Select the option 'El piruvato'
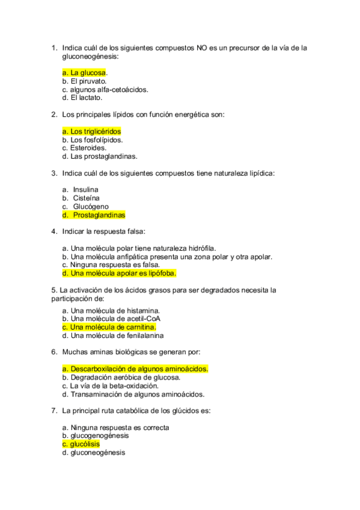coord(85,81)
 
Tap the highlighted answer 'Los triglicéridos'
coord(92,131)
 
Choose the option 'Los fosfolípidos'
coord(93,140)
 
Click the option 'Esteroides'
coord(85,148)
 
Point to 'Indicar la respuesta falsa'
coord(103,231)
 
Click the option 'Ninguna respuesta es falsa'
coord(111,264)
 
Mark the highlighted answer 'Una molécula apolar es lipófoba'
coord(119,273)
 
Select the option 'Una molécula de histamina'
coord(111,310)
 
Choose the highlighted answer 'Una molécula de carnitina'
coord(109,327)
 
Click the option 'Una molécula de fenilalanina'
coord(113,336)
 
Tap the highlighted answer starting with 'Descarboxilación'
coord(135,369)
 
